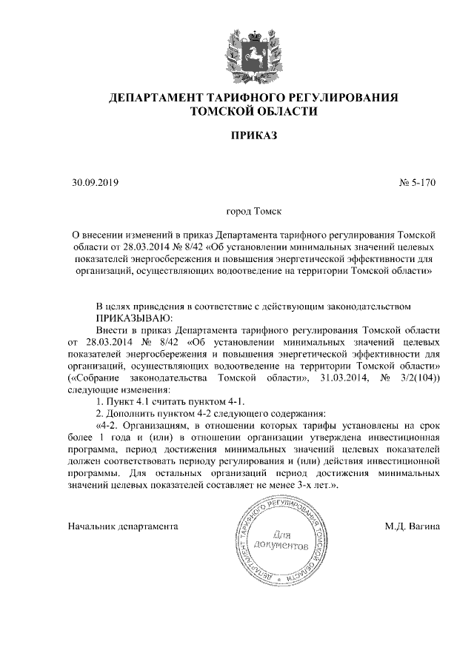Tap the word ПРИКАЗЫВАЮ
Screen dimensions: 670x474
133,317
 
